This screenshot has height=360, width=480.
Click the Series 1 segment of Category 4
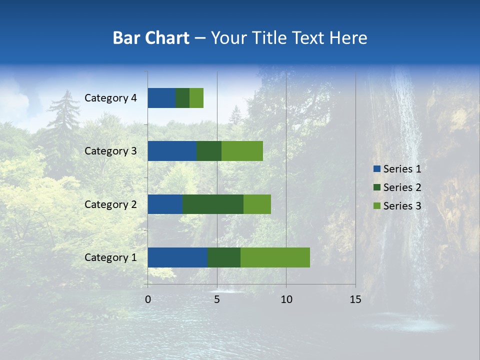click(x=161, y=98)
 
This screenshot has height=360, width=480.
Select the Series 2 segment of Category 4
click(x=182, y=98)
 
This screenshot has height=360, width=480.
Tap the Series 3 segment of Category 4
click(x=196, y=98)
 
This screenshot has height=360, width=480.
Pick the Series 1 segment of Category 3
click(x=172, y=151)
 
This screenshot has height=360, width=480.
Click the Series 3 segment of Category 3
click(x=242, y=151)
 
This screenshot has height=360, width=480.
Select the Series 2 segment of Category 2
click(x=213, y=204)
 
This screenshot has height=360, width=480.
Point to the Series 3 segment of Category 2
click(x=257, y=204)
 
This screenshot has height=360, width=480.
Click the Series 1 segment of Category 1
click(x=177, y=257)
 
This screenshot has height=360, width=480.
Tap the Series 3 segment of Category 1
click(x=275, y=257)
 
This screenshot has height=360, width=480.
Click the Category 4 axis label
click(x=110, y=98)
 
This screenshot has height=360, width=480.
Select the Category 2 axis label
click(x=110, y=204)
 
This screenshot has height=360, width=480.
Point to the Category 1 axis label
click(x=110, y=257)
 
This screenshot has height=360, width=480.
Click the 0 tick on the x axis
click(x=148, y=299)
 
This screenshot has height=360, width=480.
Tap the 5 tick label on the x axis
click(x=217, y=299)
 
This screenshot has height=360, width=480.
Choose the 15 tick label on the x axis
click(x=355, y=299)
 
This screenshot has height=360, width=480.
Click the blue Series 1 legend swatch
click(x=376, y=169)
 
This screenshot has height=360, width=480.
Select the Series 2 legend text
click(x=402, y=187)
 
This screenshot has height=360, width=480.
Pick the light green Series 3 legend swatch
click(x=376, y=206)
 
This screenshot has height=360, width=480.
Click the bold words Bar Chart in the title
click(x=151, y=38)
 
